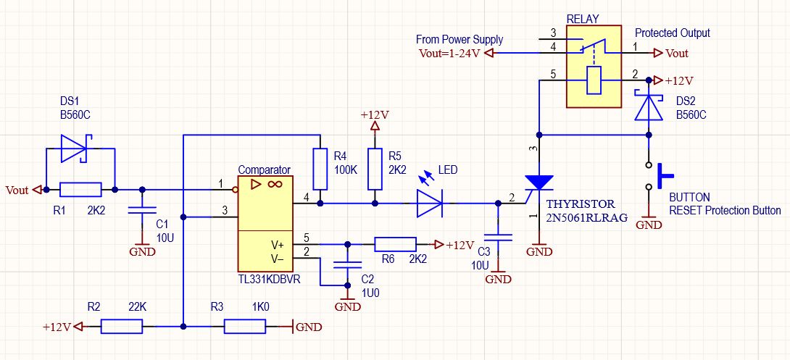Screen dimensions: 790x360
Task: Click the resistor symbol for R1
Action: click(x=80, y=190)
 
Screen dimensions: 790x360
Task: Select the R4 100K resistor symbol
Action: click(x=320, y=169)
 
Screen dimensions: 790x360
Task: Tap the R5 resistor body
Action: click(x=374, y=169)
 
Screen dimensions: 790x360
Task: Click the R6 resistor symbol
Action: click(x=395, y=245)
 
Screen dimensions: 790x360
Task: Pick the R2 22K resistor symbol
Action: click(x=122, y=327)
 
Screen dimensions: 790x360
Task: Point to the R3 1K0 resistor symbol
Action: click(x=245, y=327)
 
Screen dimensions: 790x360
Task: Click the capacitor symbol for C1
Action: click(x=142, y=209)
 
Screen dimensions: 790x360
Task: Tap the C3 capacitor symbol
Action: click(x=498, y=237)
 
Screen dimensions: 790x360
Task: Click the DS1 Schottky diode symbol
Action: click(x=75, y=148)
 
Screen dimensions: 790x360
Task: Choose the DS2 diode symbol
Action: click(x=649, y=105)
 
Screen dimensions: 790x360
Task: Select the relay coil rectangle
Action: click(x=594, y=80)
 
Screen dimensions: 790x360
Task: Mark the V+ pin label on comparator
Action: click(x=278, y=246)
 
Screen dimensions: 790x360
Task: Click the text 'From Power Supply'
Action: click(x=460, y=40)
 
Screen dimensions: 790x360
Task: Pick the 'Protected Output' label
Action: click(x=672, y=33)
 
